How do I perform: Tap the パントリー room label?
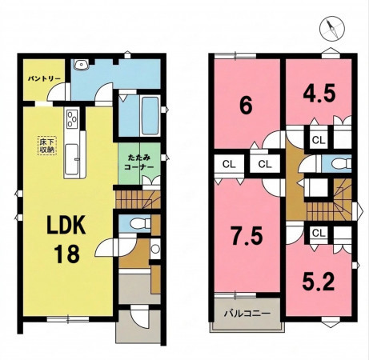coord(45,78)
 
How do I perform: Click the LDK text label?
coord(66,225)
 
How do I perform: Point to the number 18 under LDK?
coord(66,254)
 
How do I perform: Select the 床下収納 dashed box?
coord(47,146)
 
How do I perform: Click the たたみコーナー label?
coord(139,162)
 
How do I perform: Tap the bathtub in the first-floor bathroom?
coord(150,115)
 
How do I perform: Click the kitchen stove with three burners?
coord(72,119)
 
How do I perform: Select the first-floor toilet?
coord(141,223)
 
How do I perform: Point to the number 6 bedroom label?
coord(246,106)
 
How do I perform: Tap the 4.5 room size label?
coord(319,94)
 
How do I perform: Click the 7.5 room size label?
coord(247,236)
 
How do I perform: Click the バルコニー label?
coord(247,313)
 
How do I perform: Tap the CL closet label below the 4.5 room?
coord(318,140)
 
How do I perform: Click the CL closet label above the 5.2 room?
coord(318,234)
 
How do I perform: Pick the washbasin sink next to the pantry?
coord(81,64)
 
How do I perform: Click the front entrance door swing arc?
coord(139,318)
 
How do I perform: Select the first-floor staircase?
coord(138,199)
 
